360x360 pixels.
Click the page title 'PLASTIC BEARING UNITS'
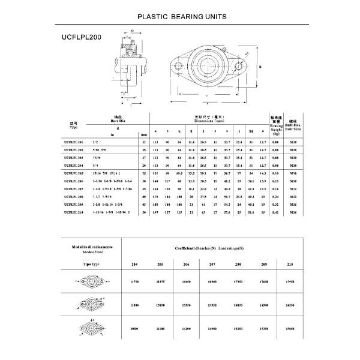(182, 17)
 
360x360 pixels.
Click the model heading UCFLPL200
(82, 37)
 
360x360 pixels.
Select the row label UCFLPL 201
(74, 142)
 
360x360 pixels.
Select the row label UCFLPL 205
(74, 172)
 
